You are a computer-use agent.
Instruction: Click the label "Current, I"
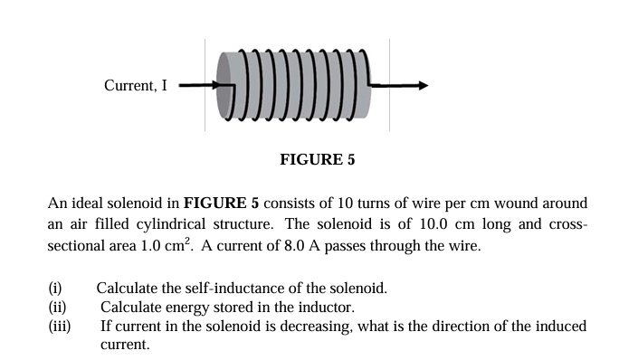136,87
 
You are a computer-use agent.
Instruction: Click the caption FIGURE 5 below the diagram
318,160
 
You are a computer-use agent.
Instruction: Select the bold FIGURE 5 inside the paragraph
222,203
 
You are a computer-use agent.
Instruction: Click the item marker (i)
54,289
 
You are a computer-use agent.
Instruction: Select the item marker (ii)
57,308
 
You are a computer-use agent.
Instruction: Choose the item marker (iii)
59,326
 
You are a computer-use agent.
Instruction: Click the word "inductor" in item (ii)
321,308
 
